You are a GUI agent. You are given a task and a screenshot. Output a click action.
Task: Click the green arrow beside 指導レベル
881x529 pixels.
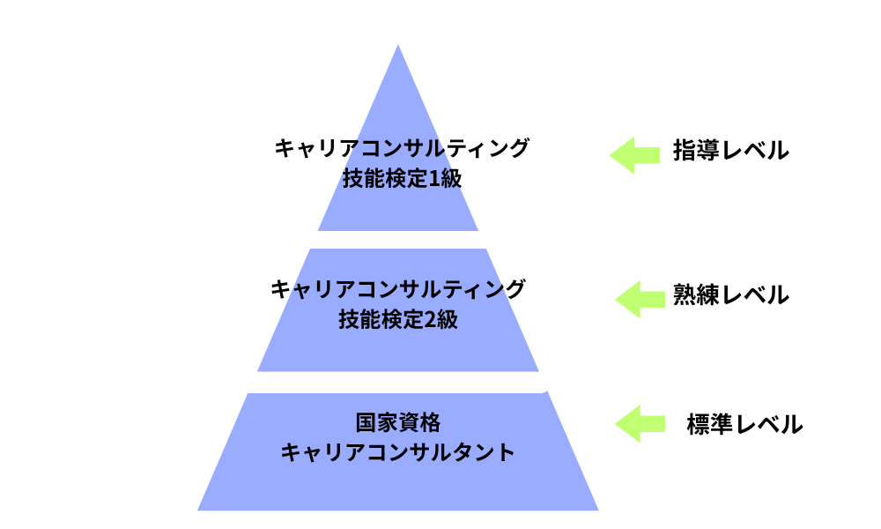point(634,155)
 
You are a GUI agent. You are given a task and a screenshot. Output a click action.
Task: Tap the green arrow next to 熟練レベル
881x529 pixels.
point(640,299)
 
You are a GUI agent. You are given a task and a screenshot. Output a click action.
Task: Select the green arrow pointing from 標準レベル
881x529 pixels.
point(640,423)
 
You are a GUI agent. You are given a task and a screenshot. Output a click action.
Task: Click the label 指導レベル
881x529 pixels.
point(730,151)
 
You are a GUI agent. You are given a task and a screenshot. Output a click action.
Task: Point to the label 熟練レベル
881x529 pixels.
point(730,294)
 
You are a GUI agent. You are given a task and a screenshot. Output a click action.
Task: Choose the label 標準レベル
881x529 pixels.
point(744,424)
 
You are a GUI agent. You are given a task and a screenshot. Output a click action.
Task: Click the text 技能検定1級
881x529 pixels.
point(401,179)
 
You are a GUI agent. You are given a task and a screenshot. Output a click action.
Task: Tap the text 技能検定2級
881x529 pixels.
point(397,320)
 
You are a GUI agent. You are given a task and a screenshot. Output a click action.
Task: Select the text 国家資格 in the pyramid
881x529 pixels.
point(397,421)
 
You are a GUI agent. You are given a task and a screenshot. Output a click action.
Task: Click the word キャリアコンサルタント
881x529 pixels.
point(397,452)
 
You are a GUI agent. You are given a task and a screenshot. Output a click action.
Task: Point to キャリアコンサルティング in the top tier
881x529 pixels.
point(402,148)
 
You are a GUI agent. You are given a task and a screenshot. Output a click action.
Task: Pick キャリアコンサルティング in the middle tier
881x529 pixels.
point(398,289)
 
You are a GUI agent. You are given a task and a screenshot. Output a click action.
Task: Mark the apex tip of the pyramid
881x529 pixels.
point(398,47)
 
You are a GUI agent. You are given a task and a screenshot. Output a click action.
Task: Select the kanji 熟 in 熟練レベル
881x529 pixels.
point(685,294)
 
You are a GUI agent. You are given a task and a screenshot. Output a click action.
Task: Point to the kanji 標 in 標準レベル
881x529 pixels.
point(700,424)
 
